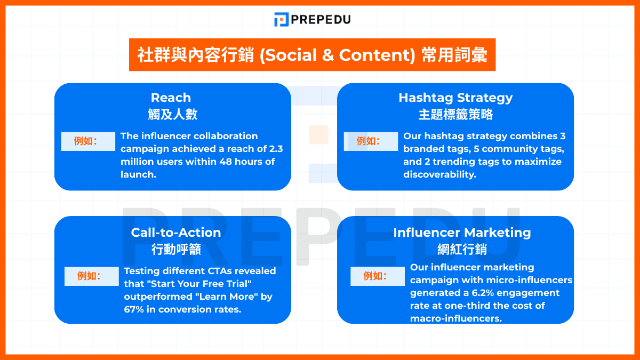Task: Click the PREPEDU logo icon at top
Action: click(x=281, y=20)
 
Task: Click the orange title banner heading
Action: click(x=312, y=55)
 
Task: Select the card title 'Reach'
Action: click(x=171, y=98)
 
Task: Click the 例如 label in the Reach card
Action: click(x=88, y=141)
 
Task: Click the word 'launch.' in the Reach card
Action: click(x=138, y=174)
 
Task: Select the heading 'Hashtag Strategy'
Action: click(x=455, y=98)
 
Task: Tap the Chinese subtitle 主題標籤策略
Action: click(x=455, y=114)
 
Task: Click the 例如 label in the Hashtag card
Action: click(x=371, y=141)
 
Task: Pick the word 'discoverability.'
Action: click(x=439, y=174)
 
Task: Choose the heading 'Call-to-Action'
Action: click(x=176, y=233)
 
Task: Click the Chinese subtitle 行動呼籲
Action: click(x=176, y=249)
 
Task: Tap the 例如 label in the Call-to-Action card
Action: click(x=91, y=276)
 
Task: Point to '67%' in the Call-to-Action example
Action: click(x=135, y=309)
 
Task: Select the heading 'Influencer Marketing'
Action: click(x=462, y=233)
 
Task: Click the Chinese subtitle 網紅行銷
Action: click(x=462, y=249)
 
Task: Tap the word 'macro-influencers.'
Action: click(x=456, y=318)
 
